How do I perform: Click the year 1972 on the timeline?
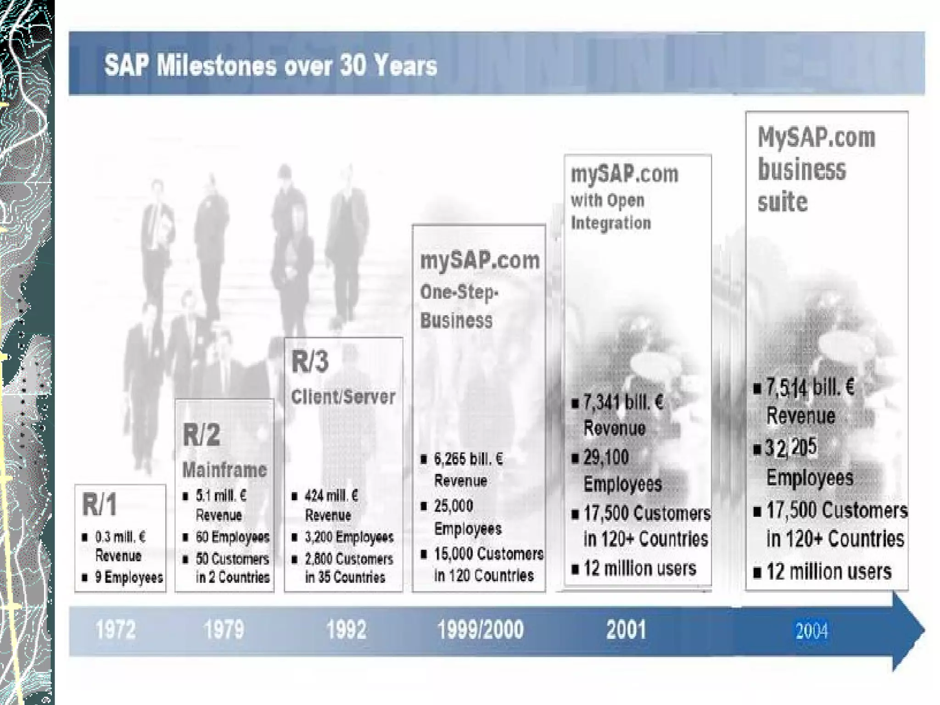click(116, 630)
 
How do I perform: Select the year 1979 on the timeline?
click(224, 630)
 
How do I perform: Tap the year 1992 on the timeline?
click(347, 630)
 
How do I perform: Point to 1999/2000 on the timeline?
click(480, 630)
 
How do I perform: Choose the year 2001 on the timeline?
click(626, 630)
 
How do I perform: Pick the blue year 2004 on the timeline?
click(811, 632)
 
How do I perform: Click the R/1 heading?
click(100, 504)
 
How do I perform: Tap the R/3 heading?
click(310, 361)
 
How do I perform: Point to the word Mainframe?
click(224, 470)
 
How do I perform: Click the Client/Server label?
click(343, 397)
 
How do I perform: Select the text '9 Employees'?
click(129, 577)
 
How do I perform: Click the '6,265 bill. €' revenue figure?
click(468, 459)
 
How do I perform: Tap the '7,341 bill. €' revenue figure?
click(623, 403)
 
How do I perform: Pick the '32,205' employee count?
click(791, 447)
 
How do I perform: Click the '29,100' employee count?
click(606, 457)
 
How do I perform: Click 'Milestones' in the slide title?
click(216, 65)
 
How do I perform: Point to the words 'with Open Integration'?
click(610, 212)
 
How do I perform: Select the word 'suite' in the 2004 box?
click(783, 201)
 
